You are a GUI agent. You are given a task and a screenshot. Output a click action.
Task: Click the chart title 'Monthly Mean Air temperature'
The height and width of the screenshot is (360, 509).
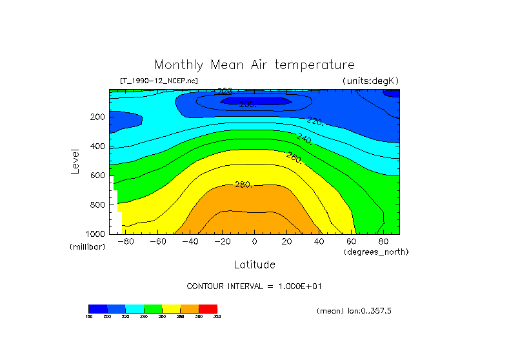254,65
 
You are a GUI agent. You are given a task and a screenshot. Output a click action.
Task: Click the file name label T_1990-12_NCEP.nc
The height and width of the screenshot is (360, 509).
159,81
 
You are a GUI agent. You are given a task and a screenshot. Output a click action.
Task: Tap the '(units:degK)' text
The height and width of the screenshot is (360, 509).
371,81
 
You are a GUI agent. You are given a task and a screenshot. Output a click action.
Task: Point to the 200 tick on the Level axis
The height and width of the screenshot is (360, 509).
98,117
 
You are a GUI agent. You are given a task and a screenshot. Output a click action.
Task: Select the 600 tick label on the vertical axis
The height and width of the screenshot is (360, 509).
98,175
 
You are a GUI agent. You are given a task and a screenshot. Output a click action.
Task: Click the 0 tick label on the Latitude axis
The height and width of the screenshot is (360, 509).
254,242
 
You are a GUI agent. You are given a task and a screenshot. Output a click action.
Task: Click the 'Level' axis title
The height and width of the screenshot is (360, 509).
75,161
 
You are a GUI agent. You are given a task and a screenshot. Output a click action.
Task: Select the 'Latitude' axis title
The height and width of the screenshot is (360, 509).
254,265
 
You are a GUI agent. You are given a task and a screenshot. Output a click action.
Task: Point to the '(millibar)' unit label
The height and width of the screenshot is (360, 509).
88,247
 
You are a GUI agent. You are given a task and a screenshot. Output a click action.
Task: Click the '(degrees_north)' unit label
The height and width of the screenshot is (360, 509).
376,251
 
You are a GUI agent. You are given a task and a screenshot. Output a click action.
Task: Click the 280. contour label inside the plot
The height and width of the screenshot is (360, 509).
243,185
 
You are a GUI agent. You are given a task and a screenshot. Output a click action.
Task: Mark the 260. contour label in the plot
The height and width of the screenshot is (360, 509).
295,157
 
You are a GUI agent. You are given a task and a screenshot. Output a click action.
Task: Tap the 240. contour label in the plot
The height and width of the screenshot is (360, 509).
304,138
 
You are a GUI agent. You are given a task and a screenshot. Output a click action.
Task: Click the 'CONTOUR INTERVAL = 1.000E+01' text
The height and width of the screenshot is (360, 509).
254,286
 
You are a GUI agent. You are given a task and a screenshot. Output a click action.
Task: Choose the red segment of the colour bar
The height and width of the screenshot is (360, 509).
208,308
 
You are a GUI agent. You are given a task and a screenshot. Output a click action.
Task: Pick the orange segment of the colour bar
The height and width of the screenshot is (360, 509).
190,308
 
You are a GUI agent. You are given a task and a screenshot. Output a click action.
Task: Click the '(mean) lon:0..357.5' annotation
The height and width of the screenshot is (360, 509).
354,311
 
